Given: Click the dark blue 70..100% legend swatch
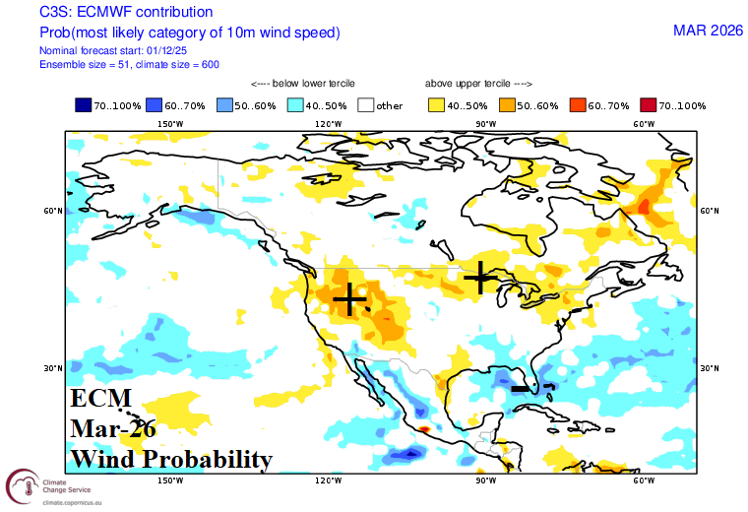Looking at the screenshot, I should coord(84,105).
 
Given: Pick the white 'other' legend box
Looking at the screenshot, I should coord(367,105).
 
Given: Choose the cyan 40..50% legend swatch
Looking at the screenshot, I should coord(296,105).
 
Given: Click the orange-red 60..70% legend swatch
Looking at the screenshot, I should coord(580,105).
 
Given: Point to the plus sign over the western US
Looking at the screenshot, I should coord(349,297).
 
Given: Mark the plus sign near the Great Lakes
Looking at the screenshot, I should coord(480,278).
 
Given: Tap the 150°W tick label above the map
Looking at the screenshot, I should coord(171,124).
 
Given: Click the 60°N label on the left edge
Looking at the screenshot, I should coord(53,211).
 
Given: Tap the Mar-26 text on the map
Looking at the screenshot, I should coord(113,429).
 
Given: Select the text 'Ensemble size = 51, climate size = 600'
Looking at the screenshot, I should coord(129,64).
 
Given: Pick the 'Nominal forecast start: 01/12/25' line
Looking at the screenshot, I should coord(108,49).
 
